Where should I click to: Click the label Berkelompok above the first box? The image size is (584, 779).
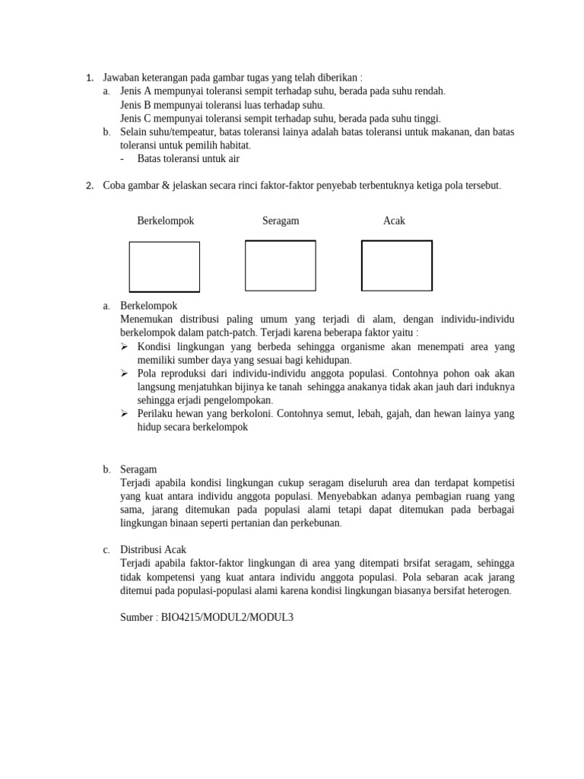click(165, 221)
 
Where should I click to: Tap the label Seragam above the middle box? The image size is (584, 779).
click(281, 221)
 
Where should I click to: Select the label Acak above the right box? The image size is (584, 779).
click(394, 221)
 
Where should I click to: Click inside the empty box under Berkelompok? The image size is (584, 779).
click(164, 267)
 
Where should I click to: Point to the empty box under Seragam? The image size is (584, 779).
click(280, 265)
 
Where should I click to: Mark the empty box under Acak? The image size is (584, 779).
click(396, 265)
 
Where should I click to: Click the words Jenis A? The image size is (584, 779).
click(138, 91)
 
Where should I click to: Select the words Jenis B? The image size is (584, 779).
click(138, 105)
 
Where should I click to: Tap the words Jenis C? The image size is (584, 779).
click(138, 119)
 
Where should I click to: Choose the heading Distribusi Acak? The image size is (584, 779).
click(153, 549)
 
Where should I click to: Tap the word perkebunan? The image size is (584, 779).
click(315, 523)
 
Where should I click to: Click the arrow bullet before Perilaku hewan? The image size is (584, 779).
click(125, 414)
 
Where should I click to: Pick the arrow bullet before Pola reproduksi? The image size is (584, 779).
click(125, 373)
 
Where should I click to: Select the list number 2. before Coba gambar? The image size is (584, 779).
click(90, 186)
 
